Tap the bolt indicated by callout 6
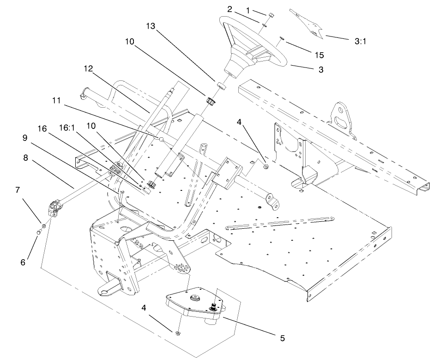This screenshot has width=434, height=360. coord(39,232)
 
